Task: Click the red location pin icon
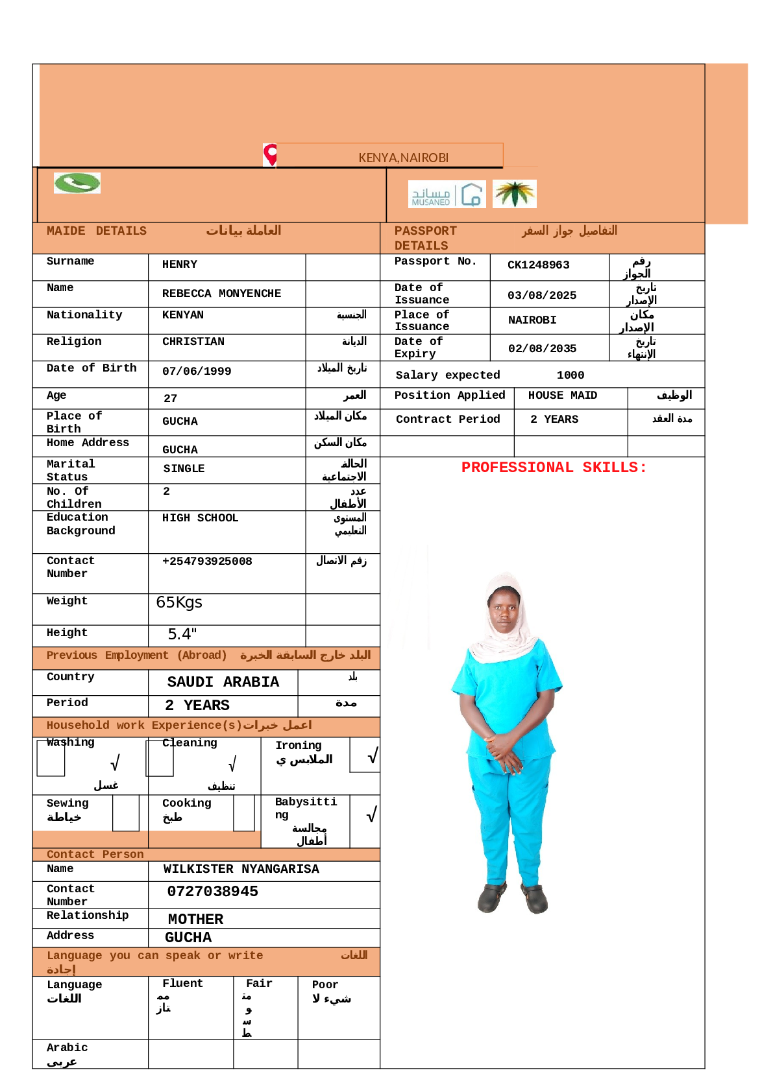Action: [270, 154]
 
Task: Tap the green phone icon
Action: [77, 183]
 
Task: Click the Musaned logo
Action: [447, 195]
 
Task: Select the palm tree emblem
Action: [514, 194]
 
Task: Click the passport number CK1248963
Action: [538, 265]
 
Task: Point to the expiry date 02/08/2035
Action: [542, 349]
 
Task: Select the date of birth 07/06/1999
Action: [197, 372]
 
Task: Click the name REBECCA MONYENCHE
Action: [221, 294]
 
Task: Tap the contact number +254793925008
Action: [207, 562]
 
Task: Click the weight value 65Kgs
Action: [179, 602]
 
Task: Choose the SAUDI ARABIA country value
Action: [223, 682]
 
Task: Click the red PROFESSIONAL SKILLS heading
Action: [554, 468]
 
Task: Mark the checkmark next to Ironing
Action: [372, 756]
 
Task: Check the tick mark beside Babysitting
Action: [371, 815]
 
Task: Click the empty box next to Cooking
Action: [244, 813]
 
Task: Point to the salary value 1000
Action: [570, 375]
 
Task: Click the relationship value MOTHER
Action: [195, 920]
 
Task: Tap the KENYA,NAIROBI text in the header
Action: [403, 158]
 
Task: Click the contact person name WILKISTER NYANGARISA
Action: [241, 869]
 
